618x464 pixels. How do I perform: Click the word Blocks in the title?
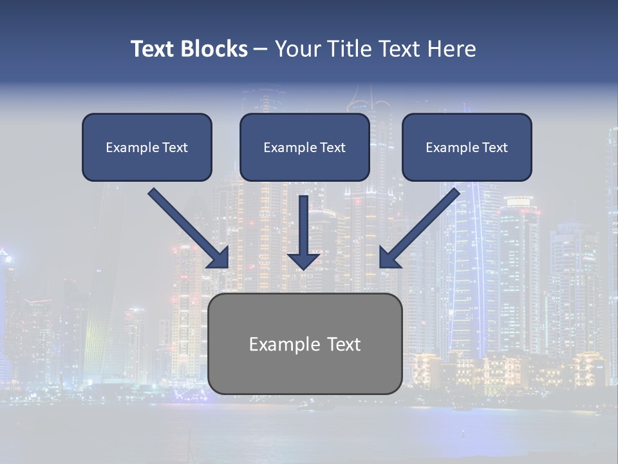pyautogui.click(x=215, y=49)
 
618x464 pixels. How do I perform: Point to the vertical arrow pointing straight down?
pyautogui.click(x=303, y=226)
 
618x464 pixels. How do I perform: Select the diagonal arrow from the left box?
pyautogui.click(x=183, y=224)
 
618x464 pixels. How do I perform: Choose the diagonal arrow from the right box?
pyautogui.click(x=425, y=224)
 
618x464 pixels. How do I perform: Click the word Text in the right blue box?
pyautogui.click(x=494, y=148)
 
